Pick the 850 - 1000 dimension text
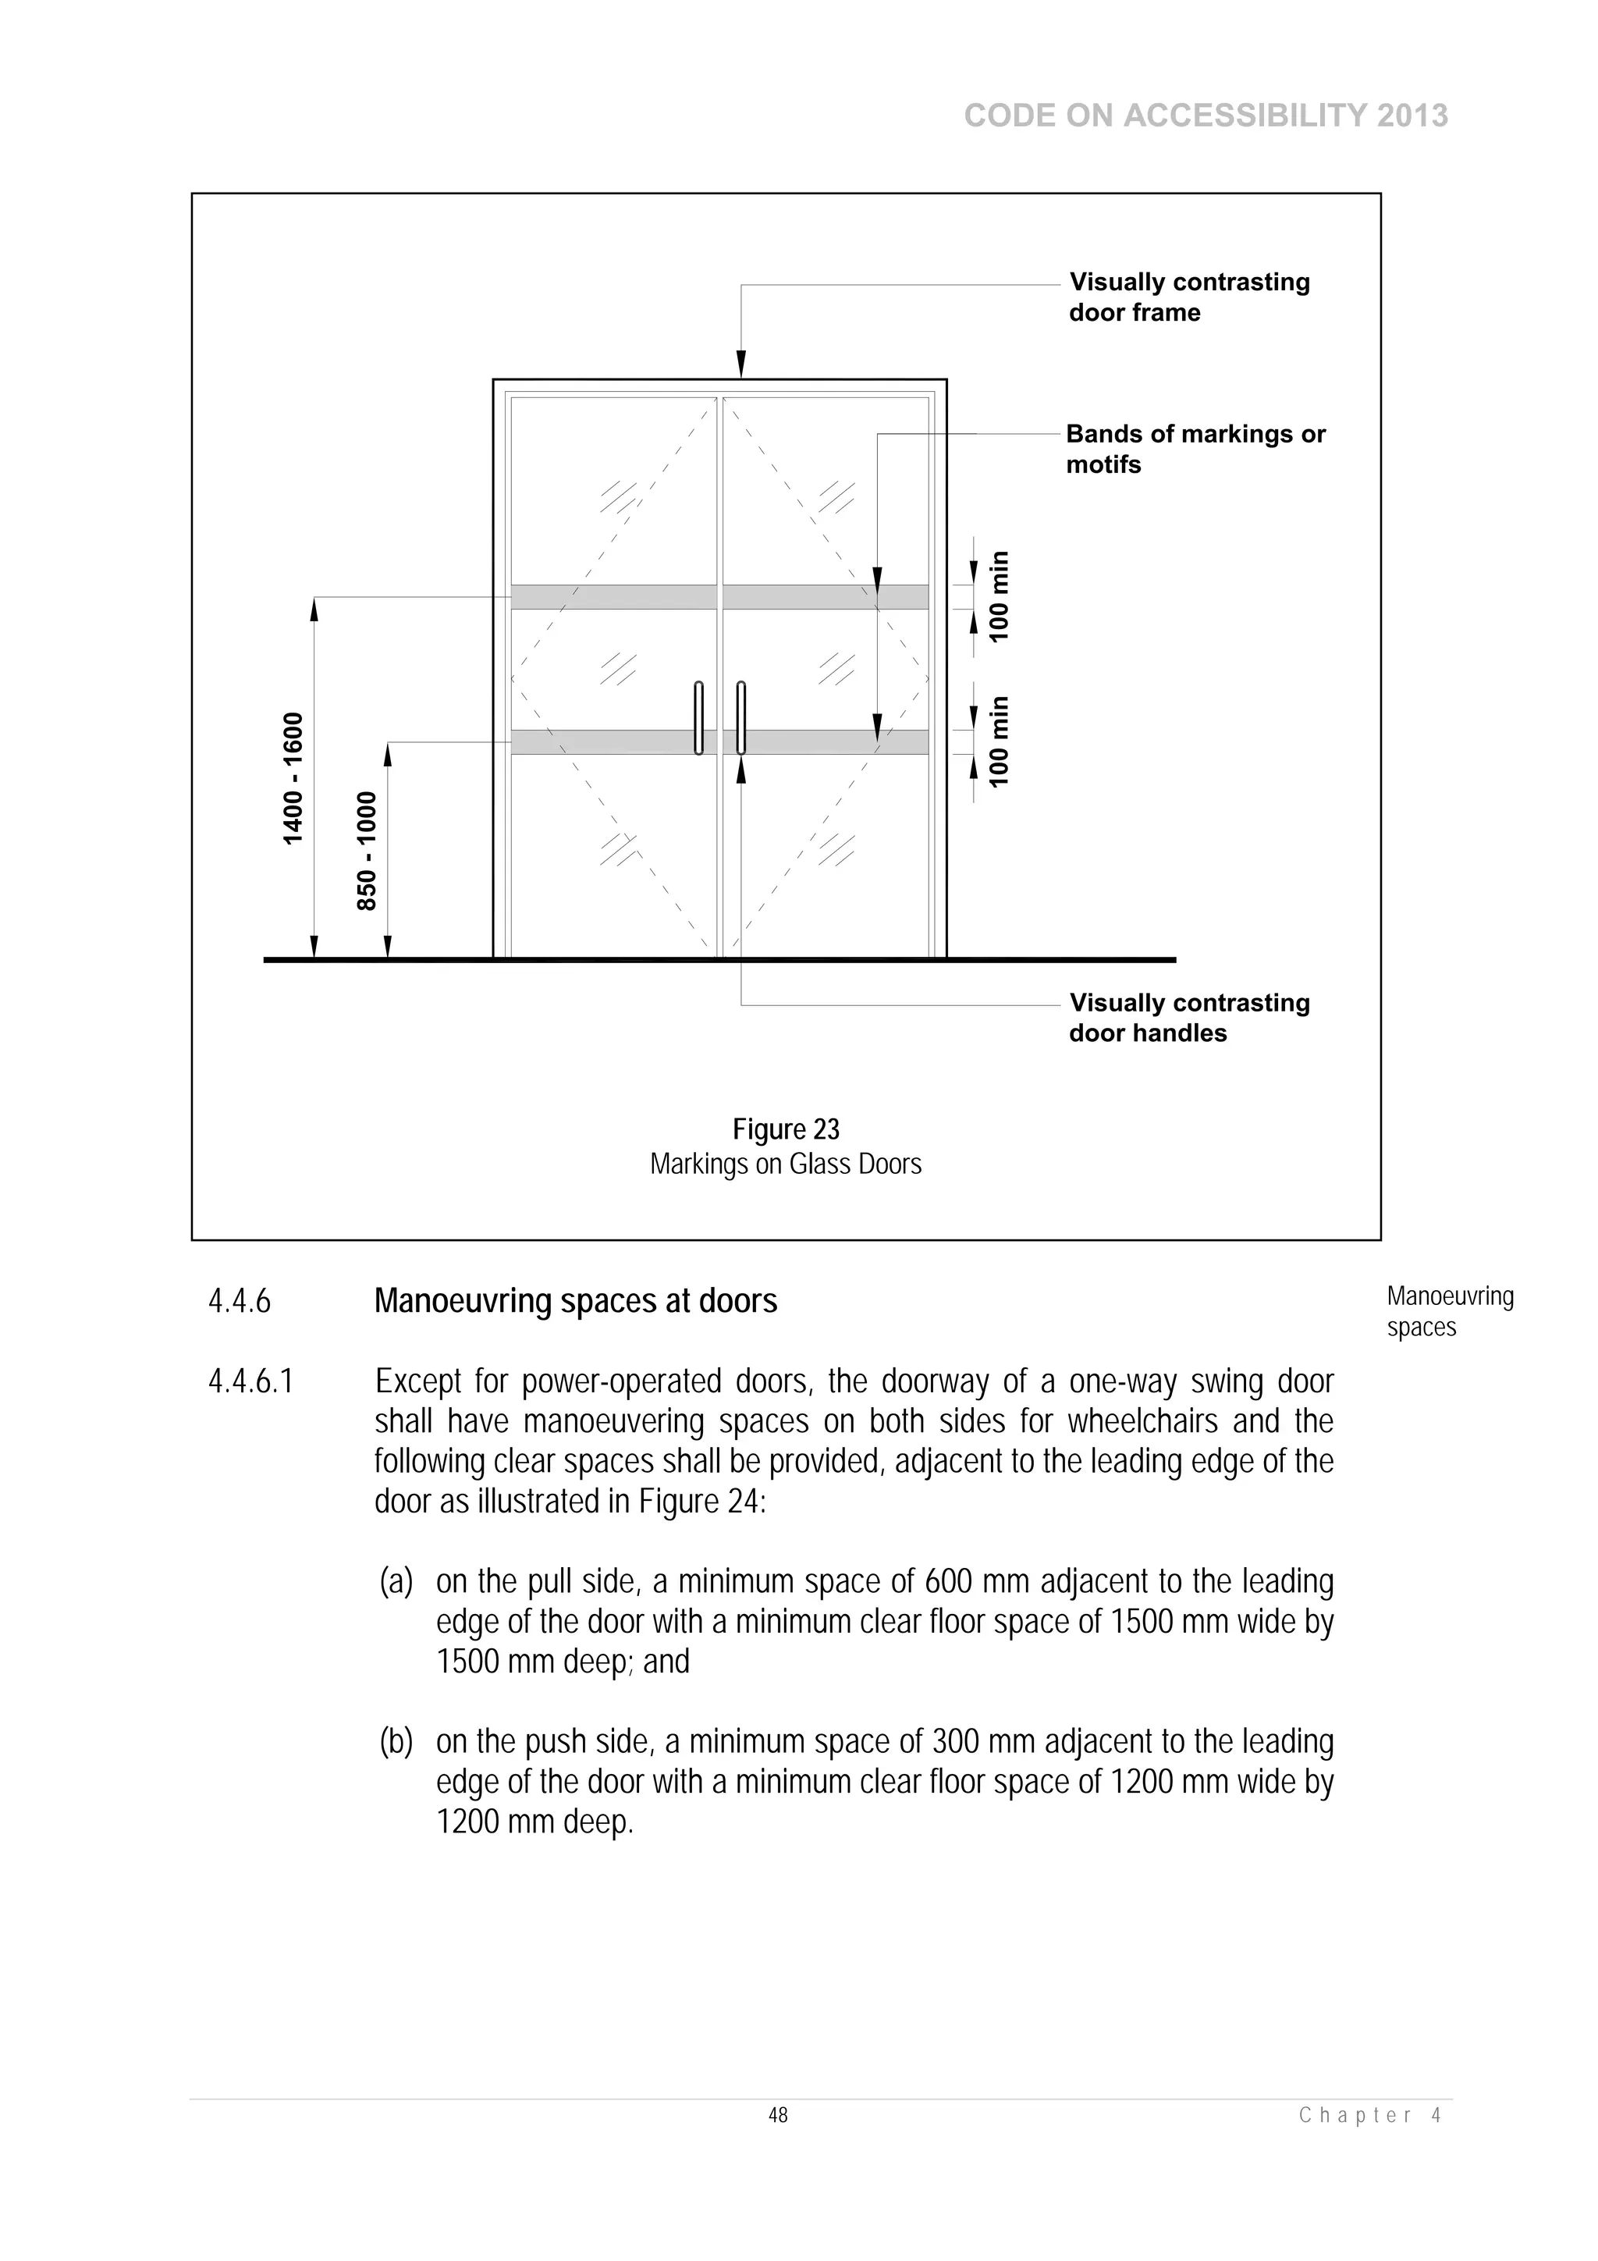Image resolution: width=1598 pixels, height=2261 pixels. point(366,851)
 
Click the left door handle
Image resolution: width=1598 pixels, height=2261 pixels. point(698,718)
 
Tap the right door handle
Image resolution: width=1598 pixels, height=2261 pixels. point(740,718)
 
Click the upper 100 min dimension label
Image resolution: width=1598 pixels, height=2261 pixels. point(1000,597)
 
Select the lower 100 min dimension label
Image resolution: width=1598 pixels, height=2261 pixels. point(1000,741)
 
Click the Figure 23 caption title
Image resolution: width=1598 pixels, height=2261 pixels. point(786,1129)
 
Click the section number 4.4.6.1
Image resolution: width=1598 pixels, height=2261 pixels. point(251,1381)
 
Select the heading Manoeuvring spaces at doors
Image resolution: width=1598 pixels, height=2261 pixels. point(575,1302)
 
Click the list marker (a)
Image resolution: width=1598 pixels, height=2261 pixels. point(396,1583)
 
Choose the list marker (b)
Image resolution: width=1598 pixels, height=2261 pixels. point(396,1742)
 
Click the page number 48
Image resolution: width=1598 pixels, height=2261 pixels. point(778,2115)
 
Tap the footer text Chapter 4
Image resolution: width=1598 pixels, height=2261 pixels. point(1369,2115)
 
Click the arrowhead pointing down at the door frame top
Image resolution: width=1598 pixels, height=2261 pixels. point(741,364)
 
